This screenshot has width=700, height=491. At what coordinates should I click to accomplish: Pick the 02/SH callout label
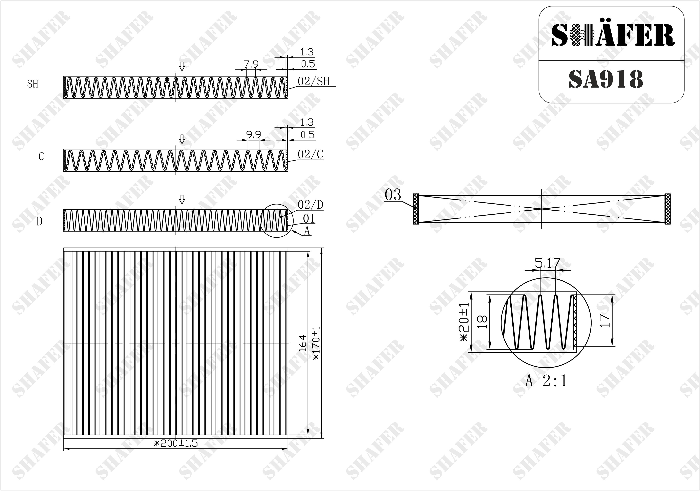coord(314,81)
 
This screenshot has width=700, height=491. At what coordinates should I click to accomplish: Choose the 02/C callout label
coord(310,155)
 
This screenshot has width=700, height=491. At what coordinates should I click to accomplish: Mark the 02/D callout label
coord(310,205)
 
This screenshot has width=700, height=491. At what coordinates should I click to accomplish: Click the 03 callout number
coord(393,195)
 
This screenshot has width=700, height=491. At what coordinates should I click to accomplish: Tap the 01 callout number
coord(309,218)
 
